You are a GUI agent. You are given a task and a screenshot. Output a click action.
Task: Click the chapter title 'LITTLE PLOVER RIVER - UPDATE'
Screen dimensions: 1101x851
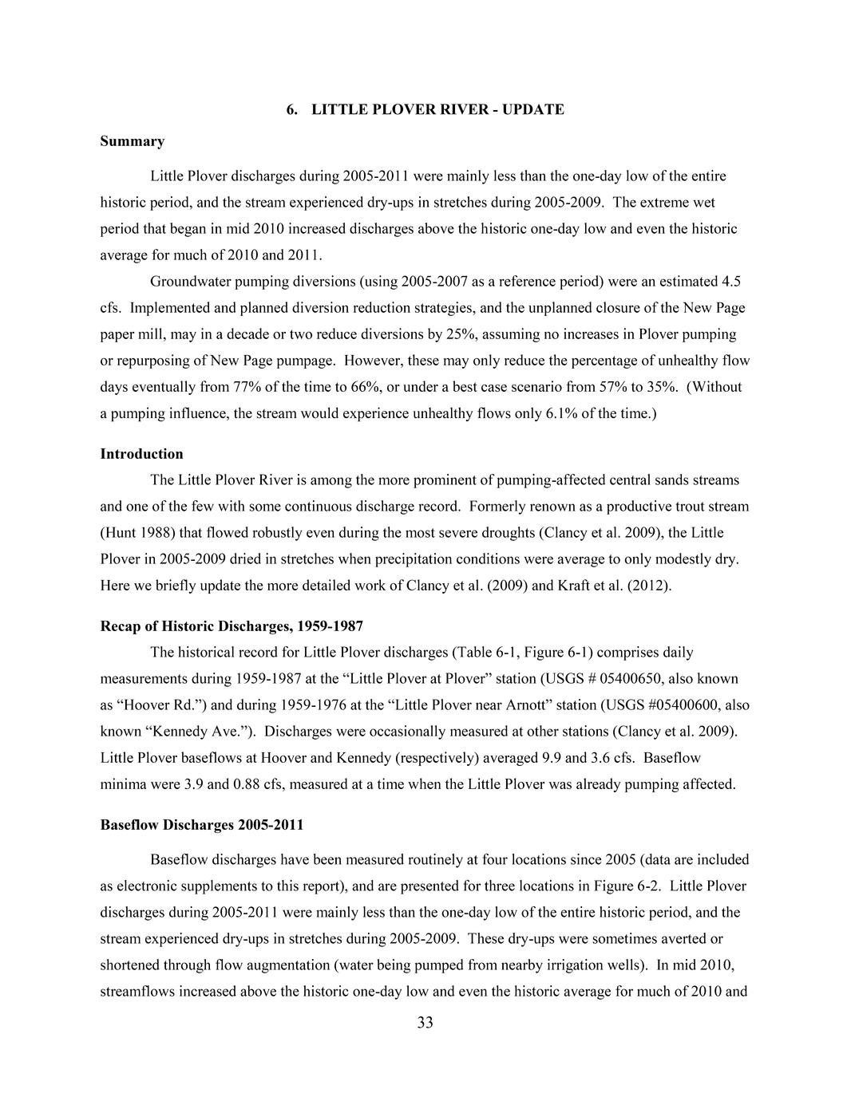[x=437, y=109]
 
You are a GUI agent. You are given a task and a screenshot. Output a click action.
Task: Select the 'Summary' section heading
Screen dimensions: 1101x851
[x=132, y=141]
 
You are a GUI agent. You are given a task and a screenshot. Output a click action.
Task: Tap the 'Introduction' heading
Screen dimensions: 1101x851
[x=141, y=454]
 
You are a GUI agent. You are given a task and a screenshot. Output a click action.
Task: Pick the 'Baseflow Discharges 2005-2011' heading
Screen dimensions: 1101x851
[x=201, y=825]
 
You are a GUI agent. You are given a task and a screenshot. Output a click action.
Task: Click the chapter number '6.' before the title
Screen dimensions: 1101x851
[x=293, y=109]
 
